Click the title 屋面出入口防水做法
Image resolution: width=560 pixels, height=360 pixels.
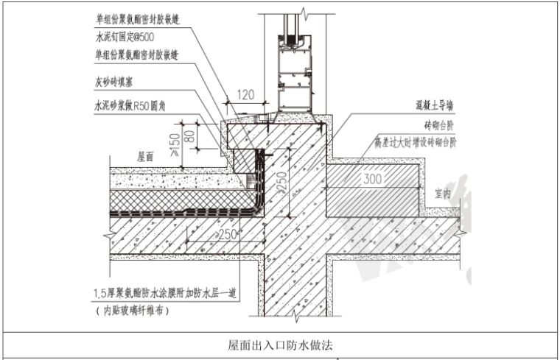pyautogui.click(x=279, y=344)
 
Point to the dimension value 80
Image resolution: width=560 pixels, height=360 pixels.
pyautogui.click(x=192, y=136)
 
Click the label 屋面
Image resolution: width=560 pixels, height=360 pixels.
pyautogui.click(x=145, y=157)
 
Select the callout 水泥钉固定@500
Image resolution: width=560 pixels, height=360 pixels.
pyautogui.click(x=125, y=36)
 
